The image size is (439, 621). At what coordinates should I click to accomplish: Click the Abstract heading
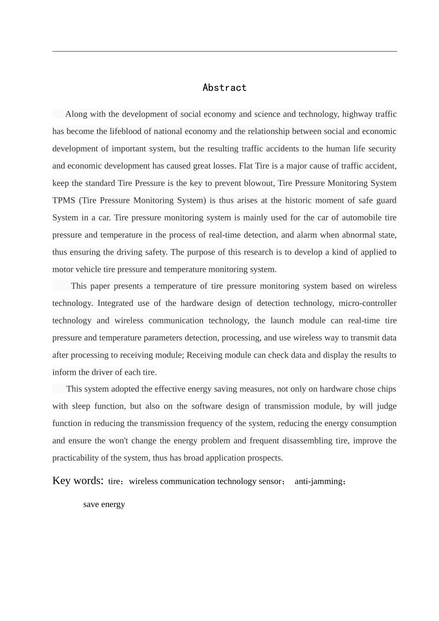point(224,88)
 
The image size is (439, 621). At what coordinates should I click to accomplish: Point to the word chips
point(387,389)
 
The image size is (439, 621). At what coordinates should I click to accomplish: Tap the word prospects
point(264,458)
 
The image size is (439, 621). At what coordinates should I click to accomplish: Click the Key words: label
point(78,481)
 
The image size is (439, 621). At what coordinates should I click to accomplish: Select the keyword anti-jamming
point(319,481)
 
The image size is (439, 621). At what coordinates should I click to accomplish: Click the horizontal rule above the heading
point(224,51)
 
